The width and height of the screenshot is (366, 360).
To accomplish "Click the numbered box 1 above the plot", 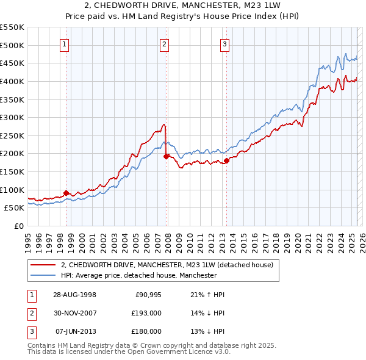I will pyautogui.click(x=64, y=43).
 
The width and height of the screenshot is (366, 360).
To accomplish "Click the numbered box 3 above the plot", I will pyautogui.click(x=224, y=43).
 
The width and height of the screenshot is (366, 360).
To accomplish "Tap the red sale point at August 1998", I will pyautogui.click(x=66, y=193).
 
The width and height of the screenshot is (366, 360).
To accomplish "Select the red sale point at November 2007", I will pyautogui.click(x=166, y=156).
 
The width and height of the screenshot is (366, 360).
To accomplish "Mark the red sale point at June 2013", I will pyautogui.click(x=226, y=160).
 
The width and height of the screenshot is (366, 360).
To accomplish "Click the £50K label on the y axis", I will pyautogui.click(x=14, y=207).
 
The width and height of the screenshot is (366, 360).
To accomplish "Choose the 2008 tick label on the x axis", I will pyautogui.click(x=168, y=241).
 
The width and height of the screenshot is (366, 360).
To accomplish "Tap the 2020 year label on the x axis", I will pyautogui.click(x=297, y=241).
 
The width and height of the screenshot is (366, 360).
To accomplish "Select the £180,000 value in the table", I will pyautogui.click(x=147, y=331).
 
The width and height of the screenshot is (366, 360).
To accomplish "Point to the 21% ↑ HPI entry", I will pyautogui.click(x=207, y=295).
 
